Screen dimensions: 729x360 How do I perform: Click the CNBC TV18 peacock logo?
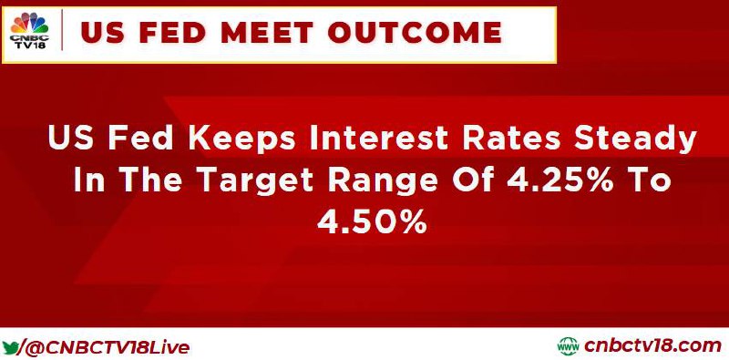click(29, 30)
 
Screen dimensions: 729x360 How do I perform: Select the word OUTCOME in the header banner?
click(415, 33)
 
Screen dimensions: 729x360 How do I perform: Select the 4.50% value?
click(372, 221)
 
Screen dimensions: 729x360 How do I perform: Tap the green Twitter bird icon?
click(10, 347)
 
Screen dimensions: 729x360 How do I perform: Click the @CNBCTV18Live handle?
click(108, 348)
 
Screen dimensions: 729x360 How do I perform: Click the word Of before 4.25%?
click(473, 180)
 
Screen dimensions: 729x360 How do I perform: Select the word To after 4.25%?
click(650, 180)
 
